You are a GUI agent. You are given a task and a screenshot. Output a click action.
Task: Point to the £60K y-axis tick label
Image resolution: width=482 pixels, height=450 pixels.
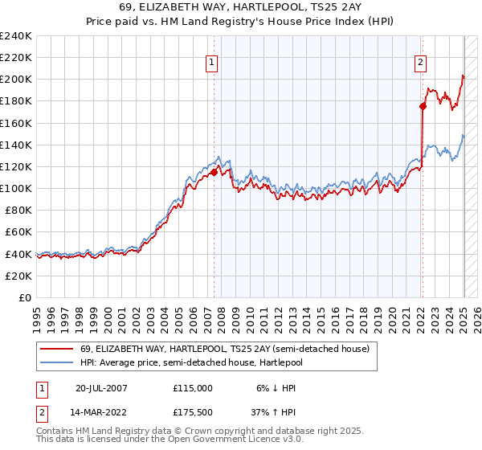tap(18, 232)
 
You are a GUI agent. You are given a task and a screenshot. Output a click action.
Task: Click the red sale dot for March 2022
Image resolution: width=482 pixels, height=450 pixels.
tap(423, 106)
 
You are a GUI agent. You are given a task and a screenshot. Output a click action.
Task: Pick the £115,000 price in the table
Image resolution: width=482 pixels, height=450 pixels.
tap(192, 387)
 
